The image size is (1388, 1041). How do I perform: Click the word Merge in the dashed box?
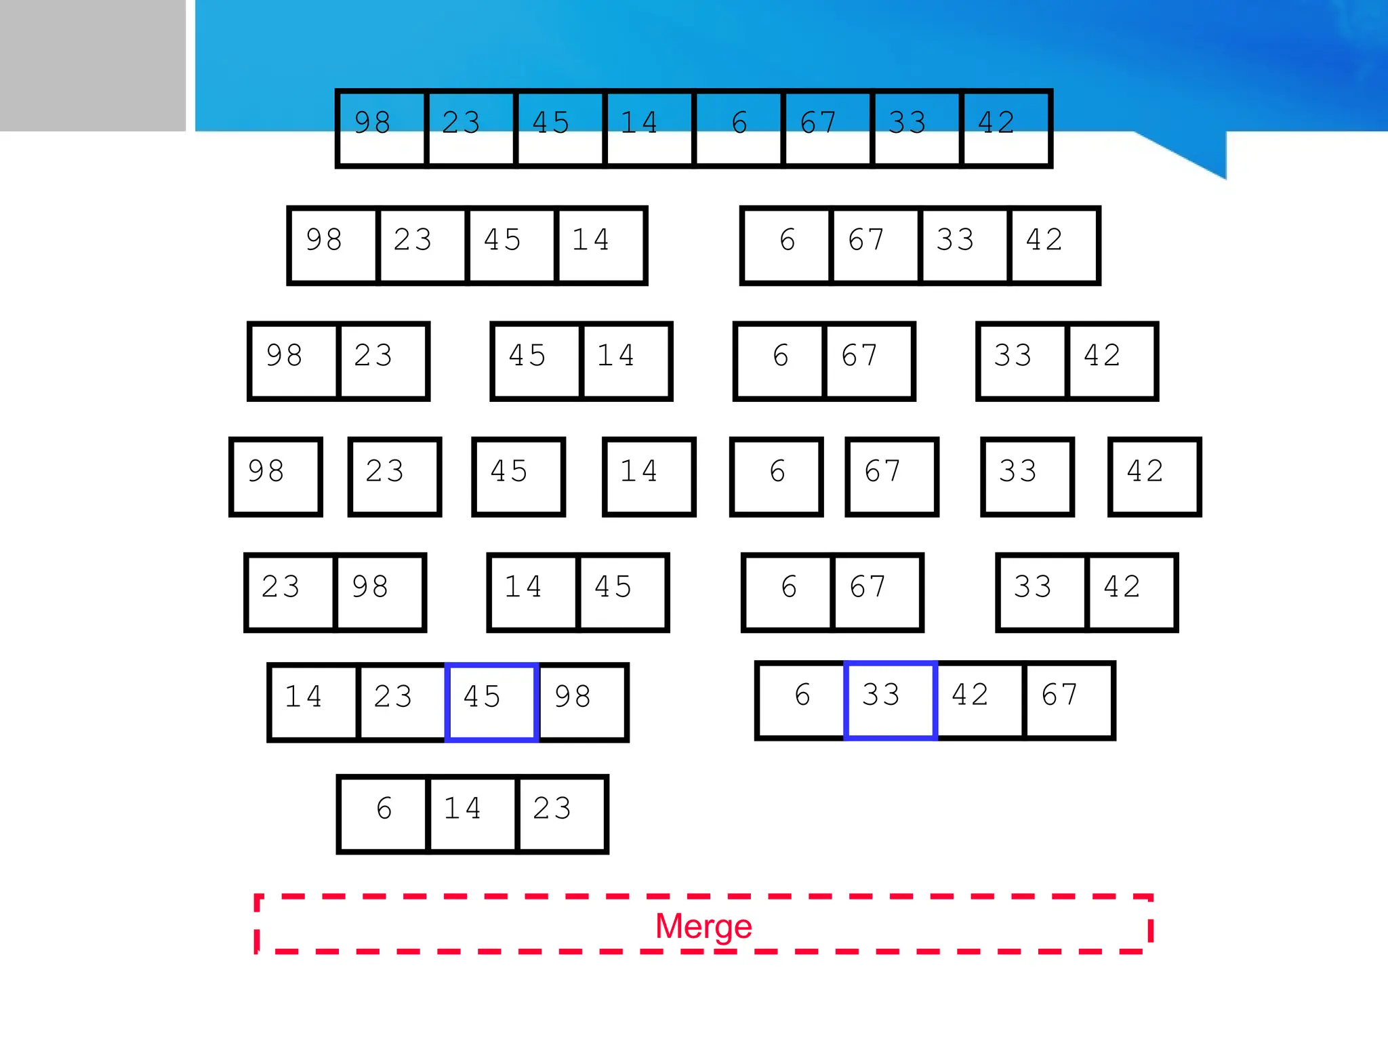(703, 926)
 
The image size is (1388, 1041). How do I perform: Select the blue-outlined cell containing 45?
(491, 702)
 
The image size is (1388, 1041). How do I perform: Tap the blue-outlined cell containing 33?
(891, 701)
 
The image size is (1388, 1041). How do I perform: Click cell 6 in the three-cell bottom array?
(384, 813)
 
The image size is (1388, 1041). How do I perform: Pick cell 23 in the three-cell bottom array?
(561, 813)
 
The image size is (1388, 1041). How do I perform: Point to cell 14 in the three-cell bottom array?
(472, 813)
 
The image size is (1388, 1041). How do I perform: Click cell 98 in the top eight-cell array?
(381, 128)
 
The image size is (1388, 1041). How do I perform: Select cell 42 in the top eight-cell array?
(1006, 128)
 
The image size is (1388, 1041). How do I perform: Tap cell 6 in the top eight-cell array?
(739, 128)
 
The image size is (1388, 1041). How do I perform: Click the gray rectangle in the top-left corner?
(92, 65)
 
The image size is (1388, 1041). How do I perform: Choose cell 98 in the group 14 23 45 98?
(581, 702)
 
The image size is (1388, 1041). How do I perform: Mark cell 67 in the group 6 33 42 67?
(1069, 701)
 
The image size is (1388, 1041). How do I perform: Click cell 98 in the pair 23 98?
(379, 592)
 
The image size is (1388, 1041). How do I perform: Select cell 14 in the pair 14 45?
(533, 592)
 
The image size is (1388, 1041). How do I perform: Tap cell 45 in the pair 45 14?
(537, 361)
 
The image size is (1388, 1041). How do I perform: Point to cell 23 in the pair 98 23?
(383, 361)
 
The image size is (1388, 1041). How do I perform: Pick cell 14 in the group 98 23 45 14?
(600, 245)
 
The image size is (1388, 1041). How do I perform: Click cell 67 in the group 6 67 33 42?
(875, 245)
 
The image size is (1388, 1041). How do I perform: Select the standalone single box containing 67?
(892, 477)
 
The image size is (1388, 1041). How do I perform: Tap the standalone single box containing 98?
(275, 477)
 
